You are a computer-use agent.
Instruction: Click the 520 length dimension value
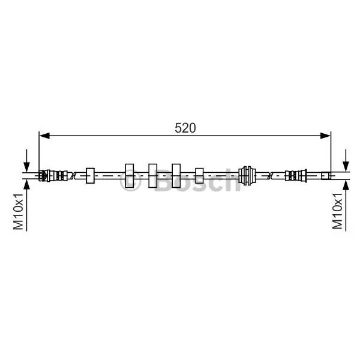click(x=185, y=128)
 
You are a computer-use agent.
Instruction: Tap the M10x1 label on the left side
click(x=19, y=211)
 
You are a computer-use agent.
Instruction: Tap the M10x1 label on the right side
click(x=337, y=211)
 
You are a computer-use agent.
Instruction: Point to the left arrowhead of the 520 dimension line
click(x=44, y=136)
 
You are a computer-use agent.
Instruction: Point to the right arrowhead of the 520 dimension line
click(x=325, y=136)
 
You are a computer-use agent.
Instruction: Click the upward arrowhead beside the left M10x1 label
click(x=26, y=185)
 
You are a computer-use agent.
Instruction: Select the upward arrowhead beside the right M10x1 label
click(x=346, y=185)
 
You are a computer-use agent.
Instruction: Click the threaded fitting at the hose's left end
click(x=53, y=176)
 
